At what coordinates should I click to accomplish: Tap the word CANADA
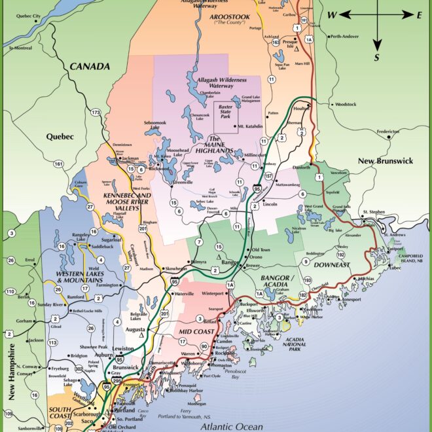(x=90, y=66)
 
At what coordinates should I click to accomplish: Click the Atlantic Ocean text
(x=231, y=425)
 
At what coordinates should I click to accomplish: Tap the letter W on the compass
(x=333, y=14)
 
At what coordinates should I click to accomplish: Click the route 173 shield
(x=96, y=113)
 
